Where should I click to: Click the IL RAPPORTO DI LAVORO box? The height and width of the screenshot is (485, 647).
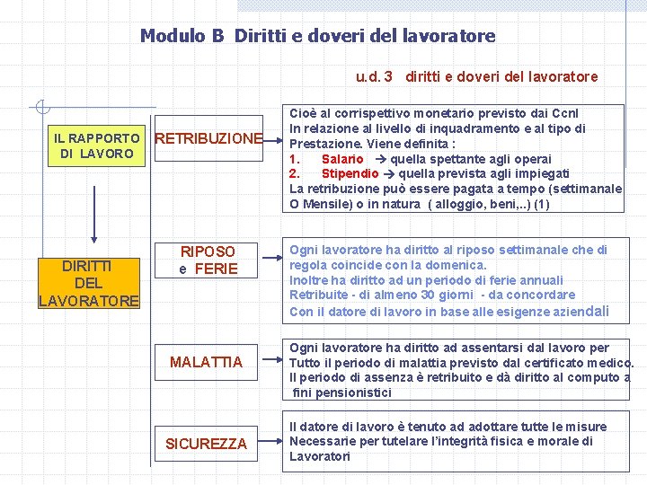tap(96, 146)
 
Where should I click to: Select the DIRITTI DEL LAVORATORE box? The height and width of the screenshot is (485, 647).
tap(89, 283)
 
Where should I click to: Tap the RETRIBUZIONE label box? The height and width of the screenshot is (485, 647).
tap(208, 139)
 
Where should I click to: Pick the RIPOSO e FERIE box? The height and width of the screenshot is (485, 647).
tap(208, 260)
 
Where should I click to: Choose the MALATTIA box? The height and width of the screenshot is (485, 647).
tap(207, 362)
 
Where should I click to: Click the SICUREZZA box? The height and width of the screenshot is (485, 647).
tap(207, 444)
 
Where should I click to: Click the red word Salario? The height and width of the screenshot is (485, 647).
tap(342, 159)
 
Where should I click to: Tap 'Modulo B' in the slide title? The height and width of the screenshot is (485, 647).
tap(182, 36)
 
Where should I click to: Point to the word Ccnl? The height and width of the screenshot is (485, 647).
tap(569, 114)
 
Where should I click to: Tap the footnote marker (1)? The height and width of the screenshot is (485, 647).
tap(541, 204)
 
